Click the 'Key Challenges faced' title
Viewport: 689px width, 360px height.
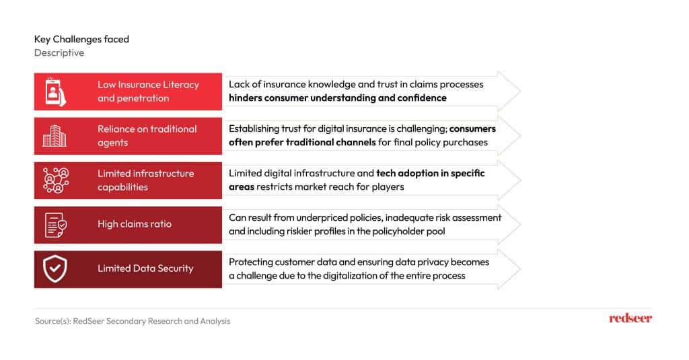(x=81, y=39)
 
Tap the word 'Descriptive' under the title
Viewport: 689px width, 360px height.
(x=59, y=52)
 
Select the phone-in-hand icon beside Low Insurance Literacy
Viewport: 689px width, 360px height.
(x=55, y=92)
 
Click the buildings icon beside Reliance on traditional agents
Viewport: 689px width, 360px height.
(x=55, y=136)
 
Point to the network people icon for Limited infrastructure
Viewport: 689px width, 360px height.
(x=56, y=180)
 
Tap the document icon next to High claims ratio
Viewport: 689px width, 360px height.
(x=55, y=225)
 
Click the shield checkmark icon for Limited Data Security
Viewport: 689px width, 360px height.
(x=55, y=268)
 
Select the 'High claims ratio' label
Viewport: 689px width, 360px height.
(x=135, y=223)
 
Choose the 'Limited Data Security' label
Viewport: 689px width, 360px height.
(x=145, y=268)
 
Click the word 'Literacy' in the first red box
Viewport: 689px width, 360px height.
(x=181, y=84)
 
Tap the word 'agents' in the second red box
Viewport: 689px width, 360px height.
(x=112, y=143)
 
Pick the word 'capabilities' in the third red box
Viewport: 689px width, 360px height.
(x=122, y=187)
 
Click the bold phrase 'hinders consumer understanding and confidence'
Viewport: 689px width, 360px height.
(x=338, y=98)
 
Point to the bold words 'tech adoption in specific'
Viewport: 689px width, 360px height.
(x=431, y=173)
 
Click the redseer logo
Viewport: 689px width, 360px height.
(x=630, y=318)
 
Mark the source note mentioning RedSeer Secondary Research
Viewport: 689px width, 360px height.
(x=133, y=321)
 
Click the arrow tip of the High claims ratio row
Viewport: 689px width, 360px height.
(x=521, y=225)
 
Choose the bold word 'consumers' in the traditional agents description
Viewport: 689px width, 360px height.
(x=472, y=129)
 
